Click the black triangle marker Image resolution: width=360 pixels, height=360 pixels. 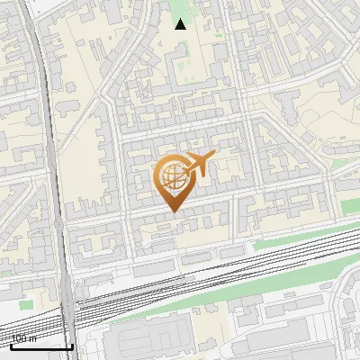(181, 24)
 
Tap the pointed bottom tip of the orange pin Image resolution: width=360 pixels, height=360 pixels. (173, 211)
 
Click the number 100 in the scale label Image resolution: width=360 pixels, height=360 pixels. (19, 339)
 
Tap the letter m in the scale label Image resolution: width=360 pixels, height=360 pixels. (32, 339)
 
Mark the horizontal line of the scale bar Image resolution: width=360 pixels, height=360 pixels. (40, 346)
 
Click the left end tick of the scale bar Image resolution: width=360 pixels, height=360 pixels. (10, 343)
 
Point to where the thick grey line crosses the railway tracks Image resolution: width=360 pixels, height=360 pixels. (67, 310)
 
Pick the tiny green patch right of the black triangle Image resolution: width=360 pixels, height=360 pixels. (219, 36)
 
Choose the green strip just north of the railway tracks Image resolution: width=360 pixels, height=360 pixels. (297, 238)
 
